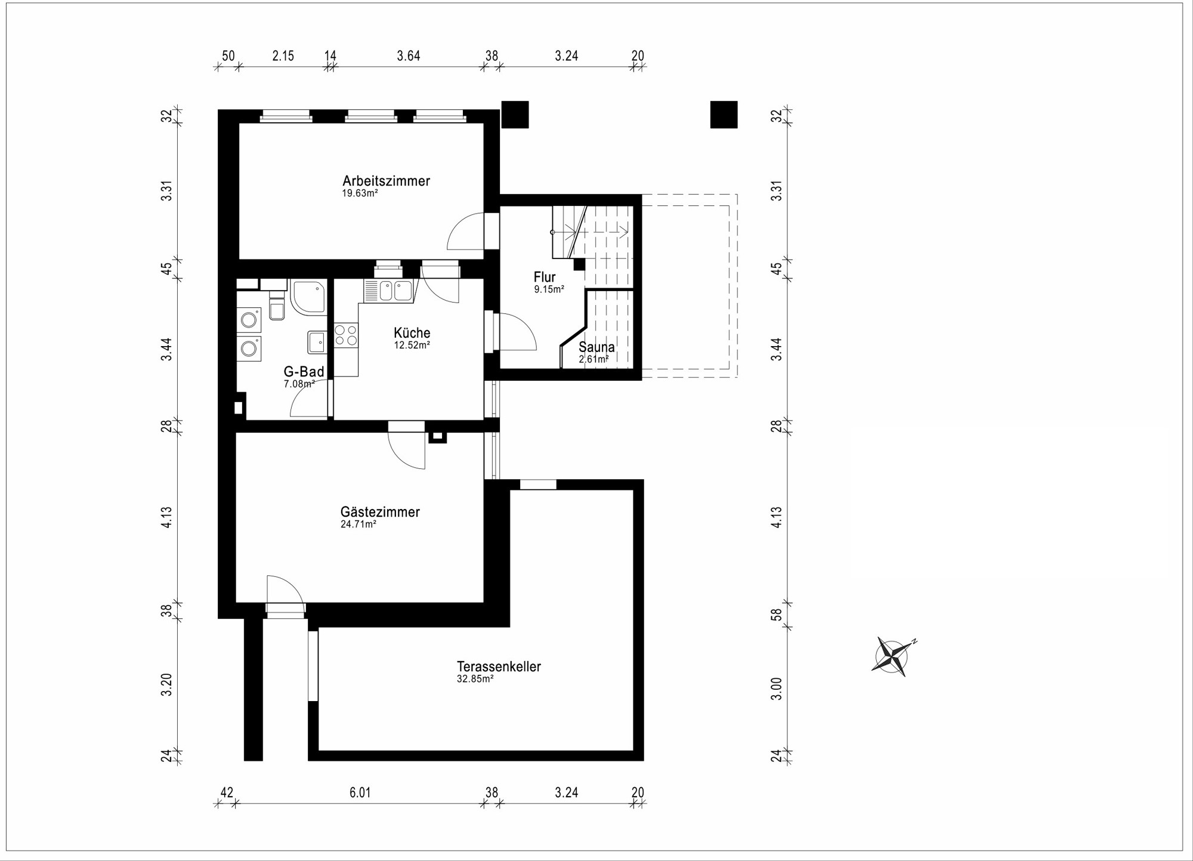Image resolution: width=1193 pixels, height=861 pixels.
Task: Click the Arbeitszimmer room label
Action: (386, 181)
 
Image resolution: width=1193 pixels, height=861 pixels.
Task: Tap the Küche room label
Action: (412, 333)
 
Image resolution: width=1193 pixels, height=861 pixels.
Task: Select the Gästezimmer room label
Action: (380, 512)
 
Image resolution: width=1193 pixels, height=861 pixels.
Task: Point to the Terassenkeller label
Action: (499, 666)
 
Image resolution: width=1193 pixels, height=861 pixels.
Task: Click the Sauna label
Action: (596, 347)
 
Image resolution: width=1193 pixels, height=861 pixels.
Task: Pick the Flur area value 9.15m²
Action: (549, 289)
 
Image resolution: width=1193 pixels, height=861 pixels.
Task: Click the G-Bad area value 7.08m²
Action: (299, 384)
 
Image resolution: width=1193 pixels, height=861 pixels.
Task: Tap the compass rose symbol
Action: (892, 657)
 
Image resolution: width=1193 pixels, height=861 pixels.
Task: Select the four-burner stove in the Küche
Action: (346, 335)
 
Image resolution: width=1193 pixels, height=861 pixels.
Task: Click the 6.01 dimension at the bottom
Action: (360, 792)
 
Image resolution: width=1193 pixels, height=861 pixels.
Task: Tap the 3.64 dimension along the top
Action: (409, 56)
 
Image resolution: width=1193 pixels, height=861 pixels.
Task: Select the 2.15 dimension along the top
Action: (283, 56)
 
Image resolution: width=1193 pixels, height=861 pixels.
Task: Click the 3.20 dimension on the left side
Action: (167, 684)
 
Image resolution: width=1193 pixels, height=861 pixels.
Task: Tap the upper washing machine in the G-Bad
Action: (249, 320)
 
